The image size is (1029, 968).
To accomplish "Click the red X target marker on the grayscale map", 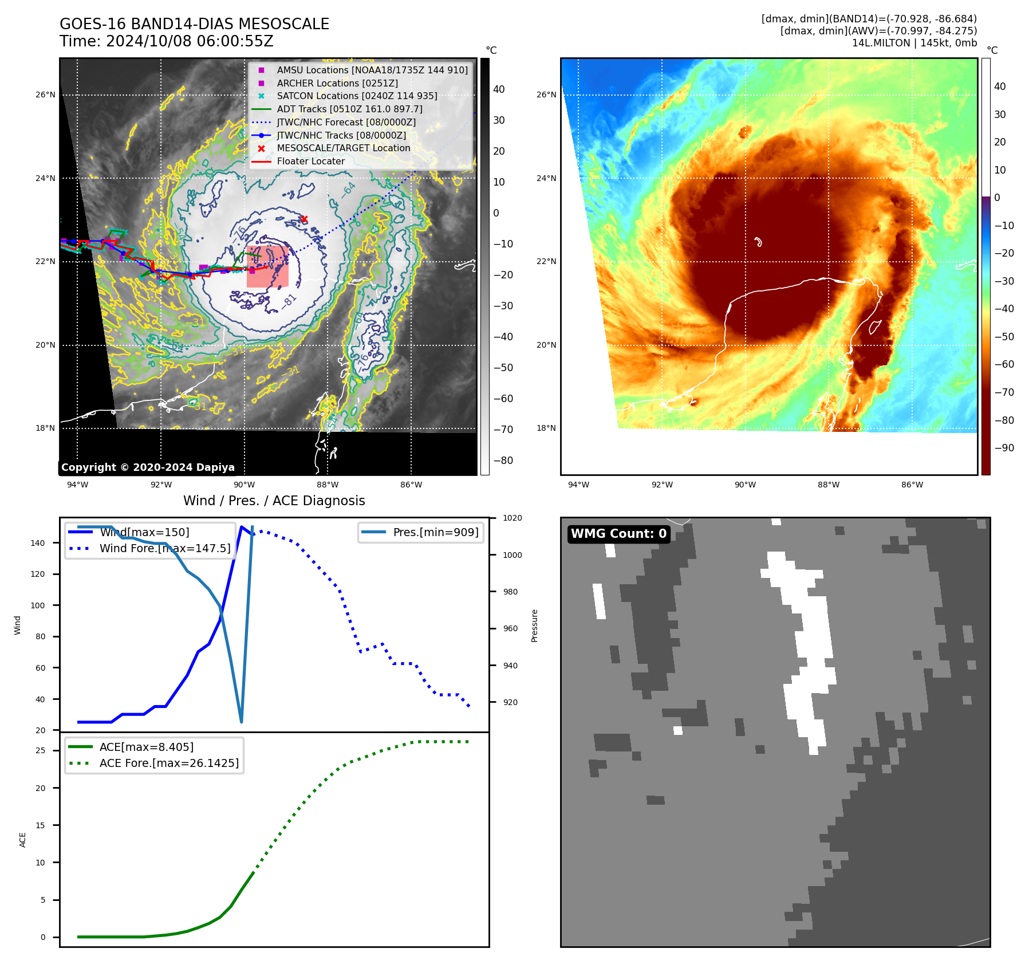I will pos(304,219).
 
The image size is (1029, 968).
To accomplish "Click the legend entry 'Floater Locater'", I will pos(310,162).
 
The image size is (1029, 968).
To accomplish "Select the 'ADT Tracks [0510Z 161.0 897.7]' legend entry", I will pos(349,109).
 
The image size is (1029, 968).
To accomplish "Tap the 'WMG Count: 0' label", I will pos(618,534).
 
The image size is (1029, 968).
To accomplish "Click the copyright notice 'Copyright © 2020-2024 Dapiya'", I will pos(148,467).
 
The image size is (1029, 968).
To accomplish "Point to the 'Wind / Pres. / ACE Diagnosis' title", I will pos(274,501).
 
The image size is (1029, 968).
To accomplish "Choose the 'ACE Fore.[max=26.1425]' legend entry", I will pos(169,763).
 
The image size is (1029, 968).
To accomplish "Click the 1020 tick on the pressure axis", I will pos(512,518).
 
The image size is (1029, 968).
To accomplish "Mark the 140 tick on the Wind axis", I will pos(38,543).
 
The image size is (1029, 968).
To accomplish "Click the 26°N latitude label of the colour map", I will pos(546,95).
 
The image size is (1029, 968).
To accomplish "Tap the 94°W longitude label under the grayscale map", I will pos(77,485).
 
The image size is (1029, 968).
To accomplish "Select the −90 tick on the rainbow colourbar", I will pos(1004,448).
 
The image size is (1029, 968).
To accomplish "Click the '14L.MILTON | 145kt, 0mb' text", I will pos(914,43).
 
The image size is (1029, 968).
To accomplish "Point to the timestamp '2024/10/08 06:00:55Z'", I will pos(190,42).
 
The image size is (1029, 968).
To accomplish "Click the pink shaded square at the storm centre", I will pos(267,267).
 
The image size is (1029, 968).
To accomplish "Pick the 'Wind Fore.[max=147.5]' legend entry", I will pos(165,548).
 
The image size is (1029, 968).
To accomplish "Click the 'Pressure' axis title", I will pos(534,625).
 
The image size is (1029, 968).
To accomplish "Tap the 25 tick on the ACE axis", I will pos(41,750).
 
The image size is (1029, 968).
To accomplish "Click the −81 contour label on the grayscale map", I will pos(289,301).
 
